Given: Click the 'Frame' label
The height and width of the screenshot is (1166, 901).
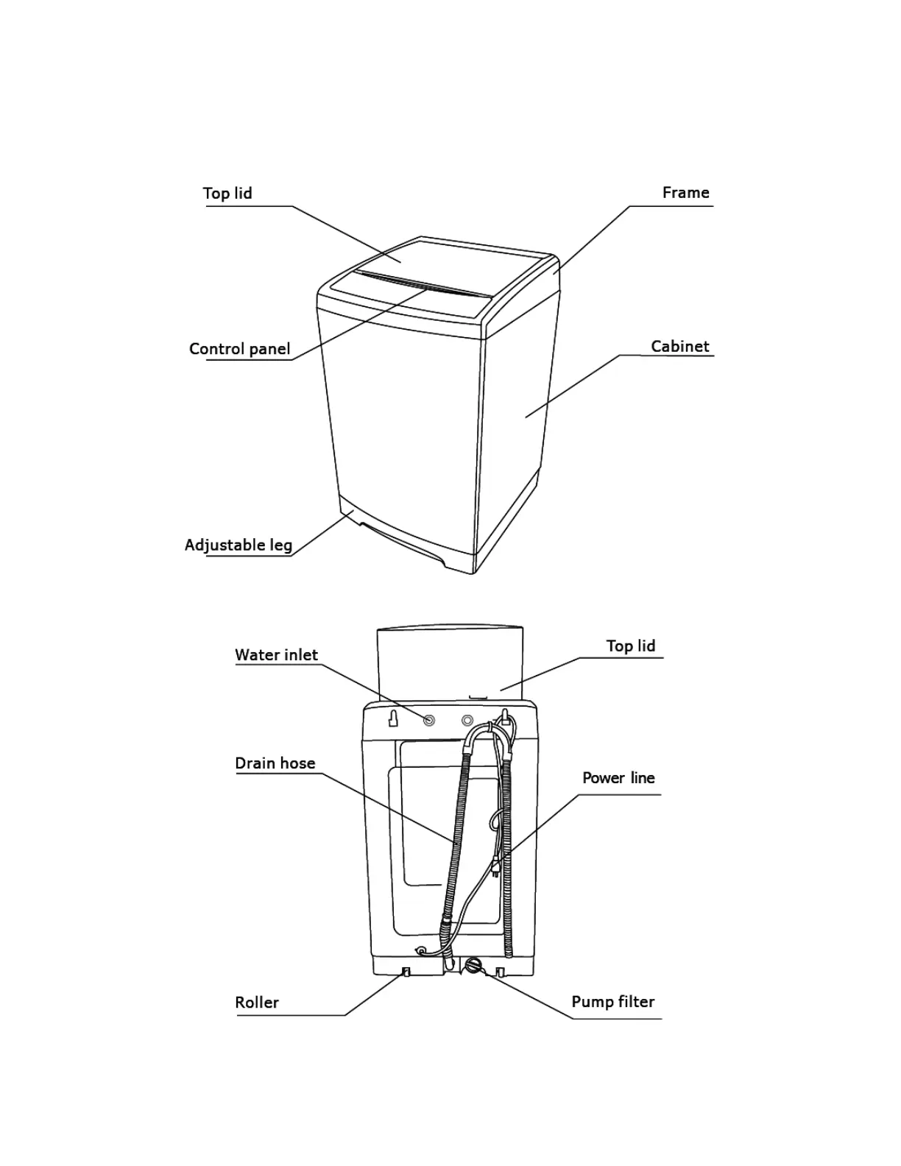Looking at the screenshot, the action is [685, 193].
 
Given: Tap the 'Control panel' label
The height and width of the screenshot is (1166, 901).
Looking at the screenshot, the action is [239, 349].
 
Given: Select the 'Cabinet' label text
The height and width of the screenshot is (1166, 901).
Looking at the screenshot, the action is [679, 347].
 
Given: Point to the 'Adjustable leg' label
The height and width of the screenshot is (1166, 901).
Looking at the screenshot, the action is [238, 545].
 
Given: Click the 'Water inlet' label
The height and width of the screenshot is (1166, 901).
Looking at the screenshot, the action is [276, 655].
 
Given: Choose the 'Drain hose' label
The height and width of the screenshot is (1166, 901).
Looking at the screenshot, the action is [275, 763].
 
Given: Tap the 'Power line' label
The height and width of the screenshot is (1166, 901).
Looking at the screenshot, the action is [618, 778].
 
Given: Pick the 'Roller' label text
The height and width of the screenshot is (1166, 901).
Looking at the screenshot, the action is [256, 1003].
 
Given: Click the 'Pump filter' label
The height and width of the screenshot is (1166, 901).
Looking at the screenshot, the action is [612, 1002].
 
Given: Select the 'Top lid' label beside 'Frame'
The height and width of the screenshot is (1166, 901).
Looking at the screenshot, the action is [227, 194].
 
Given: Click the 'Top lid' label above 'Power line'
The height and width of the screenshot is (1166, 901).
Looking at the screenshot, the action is [630, 646].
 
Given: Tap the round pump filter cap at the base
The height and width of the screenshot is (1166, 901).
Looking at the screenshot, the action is [473, 964].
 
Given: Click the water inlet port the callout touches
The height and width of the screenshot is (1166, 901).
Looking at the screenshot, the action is [428, 720].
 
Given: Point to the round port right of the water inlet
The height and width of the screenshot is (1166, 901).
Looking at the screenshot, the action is [467, 720].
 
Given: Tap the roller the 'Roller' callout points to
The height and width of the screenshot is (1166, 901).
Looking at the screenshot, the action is [405, 972].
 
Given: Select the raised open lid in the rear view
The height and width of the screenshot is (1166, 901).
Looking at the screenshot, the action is [449, 662].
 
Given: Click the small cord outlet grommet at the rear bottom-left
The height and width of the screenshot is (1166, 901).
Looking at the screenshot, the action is [421, 950].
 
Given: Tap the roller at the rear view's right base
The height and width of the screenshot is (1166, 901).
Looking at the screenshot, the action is [501, 972].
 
